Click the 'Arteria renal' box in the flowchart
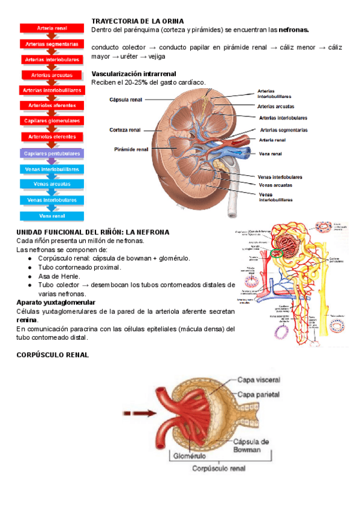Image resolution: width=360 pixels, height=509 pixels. click(x=52, y=28)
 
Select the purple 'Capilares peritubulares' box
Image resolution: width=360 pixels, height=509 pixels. click(x=52, y=154)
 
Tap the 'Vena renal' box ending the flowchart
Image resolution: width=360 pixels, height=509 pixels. click(x=52, y=215)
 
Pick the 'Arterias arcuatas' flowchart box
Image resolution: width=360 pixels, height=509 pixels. click(x=52, y=75)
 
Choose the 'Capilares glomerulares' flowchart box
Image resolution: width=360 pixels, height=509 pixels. click(x=52, y=121)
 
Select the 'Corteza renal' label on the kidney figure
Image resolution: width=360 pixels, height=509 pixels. click(x=125, y=130)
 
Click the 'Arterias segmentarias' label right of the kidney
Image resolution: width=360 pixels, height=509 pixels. click(x=284, y=130)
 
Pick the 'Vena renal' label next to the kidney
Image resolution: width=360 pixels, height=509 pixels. click(x=271, y=154)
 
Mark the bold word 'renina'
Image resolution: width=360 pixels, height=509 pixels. click(x=27, y=320)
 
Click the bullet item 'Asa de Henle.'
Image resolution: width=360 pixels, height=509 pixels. click(x=58, y=276)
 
